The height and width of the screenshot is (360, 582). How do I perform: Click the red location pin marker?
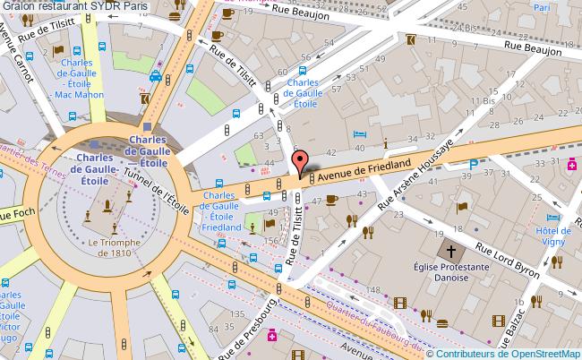coord(300,162)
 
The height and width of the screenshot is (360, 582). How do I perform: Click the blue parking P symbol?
coord(473,164)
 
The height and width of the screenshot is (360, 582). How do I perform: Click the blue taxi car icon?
coord(156,77)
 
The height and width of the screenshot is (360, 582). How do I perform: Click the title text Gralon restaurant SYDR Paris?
coord(75,6)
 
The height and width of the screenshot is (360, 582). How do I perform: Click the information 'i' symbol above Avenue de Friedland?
coord(384,143)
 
